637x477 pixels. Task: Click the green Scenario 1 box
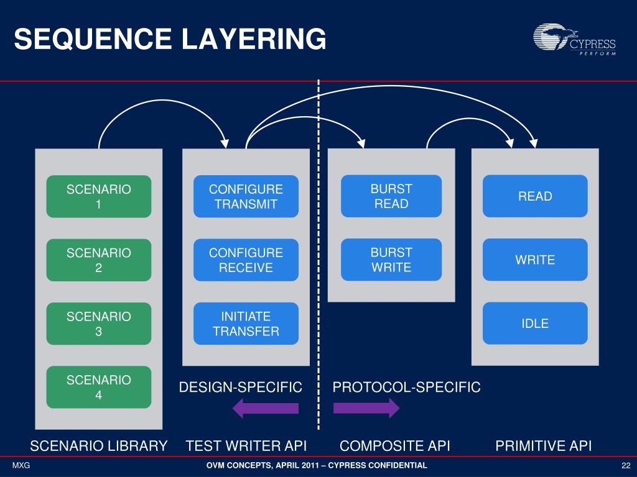[x=99, y=196]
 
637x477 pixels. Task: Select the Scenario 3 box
[x=99, y=324]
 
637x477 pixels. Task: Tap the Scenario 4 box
[x=99, y=388]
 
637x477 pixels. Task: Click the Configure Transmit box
[x=246, y=196]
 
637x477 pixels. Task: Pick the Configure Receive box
[x=246, y=260]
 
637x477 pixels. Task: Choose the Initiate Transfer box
[x=246, y=324]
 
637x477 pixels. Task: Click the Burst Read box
[x=391, y=196]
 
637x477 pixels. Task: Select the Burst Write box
[x=391, y=260]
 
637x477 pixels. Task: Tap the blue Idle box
[x=535, y=323]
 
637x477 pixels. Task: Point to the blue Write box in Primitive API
[x=535, y=260]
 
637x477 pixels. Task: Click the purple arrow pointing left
[x=266, y=408]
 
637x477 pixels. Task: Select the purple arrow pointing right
[x=366, y=408]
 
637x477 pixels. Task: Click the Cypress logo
[x=574, y=39]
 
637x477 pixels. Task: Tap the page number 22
[x=626, y=466]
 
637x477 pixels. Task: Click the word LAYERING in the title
[x=254, y=39]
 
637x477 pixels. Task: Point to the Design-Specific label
[x=241, y=388]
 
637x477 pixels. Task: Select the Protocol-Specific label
[x=407, y=388]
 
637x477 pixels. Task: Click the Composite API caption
[x=395, y=446]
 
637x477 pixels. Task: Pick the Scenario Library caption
[x=99, y=446]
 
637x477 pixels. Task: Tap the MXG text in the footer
[x=21, y=466]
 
